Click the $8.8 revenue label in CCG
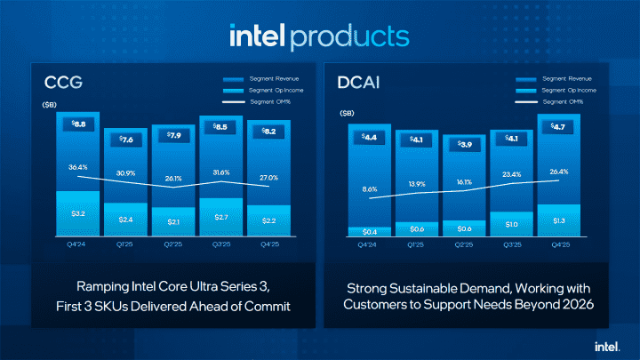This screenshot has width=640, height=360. coord(77,125)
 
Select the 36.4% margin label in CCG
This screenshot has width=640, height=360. coord(77,166)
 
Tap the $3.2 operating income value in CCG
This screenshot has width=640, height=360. coord(77,214)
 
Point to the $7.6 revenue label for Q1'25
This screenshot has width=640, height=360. coord(125,139)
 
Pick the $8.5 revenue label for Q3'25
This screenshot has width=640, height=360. coord(221,127)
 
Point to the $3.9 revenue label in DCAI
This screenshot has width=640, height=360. coord(463,145)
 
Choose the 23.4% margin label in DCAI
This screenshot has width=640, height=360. coord(511,174)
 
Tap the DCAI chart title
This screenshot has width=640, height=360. coord(356,84)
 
